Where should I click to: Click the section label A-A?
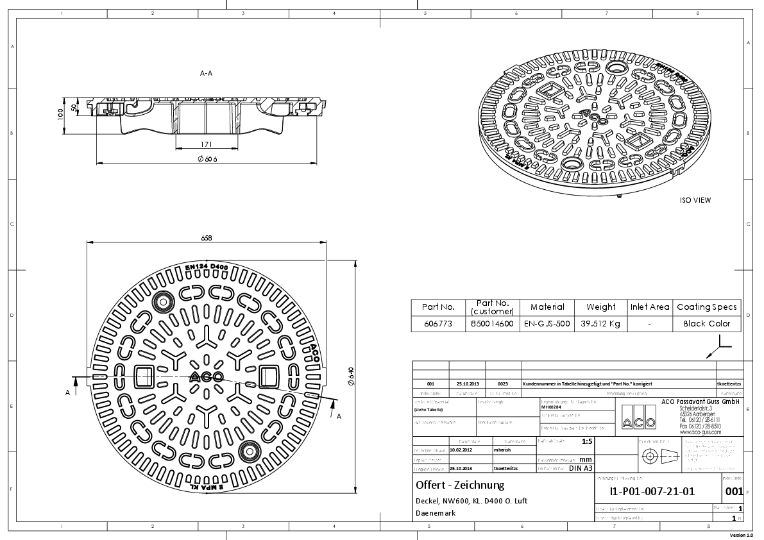click(x=206, y=74)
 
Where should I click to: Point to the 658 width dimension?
click(x=207, y=238)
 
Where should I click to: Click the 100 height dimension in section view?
click(x=60, y=114)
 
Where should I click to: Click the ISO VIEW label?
click(x=695, y=200)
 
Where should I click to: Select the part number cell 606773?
click(x=439, y=324)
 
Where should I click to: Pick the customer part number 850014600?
click(x=492, y=324)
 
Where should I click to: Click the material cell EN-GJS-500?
click(x=547, y=324)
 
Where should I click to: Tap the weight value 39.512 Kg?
click(x=600, y=324)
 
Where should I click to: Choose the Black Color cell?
click(x=706, y=324)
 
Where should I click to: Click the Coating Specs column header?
click(x=706, y=307)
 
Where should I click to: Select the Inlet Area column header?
click(x=650, y=307)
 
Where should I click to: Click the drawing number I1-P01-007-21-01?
click(x=654, y=492)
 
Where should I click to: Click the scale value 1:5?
click(x=586, y=442)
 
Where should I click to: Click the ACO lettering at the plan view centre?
click(x=207, y=377)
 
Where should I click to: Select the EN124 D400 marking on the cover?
click(x=207, y=267)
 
